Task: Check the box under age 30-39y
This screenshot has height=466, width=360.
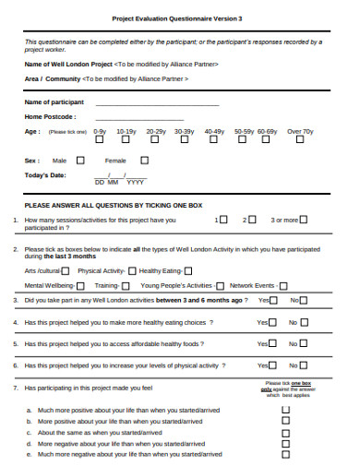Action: tap(184, 141)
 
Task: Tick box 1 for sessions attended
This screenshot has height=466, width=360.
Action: tap(223, 221)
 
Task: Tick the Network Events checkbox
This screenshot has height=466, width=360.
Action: tap(282, 286)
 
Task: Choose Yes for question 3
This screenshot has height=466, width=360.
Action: tap(273, 301)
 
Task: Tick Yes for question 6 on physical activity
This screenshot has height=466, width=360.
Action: tap(273, 365)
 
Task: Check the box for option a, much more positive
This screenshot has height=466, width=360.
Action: tap(284, 409)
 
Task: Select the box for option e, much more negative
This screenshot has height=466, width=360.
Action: tap(284, 454)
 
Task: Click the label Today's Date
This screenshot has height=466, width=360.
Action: tap(45, 175)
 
